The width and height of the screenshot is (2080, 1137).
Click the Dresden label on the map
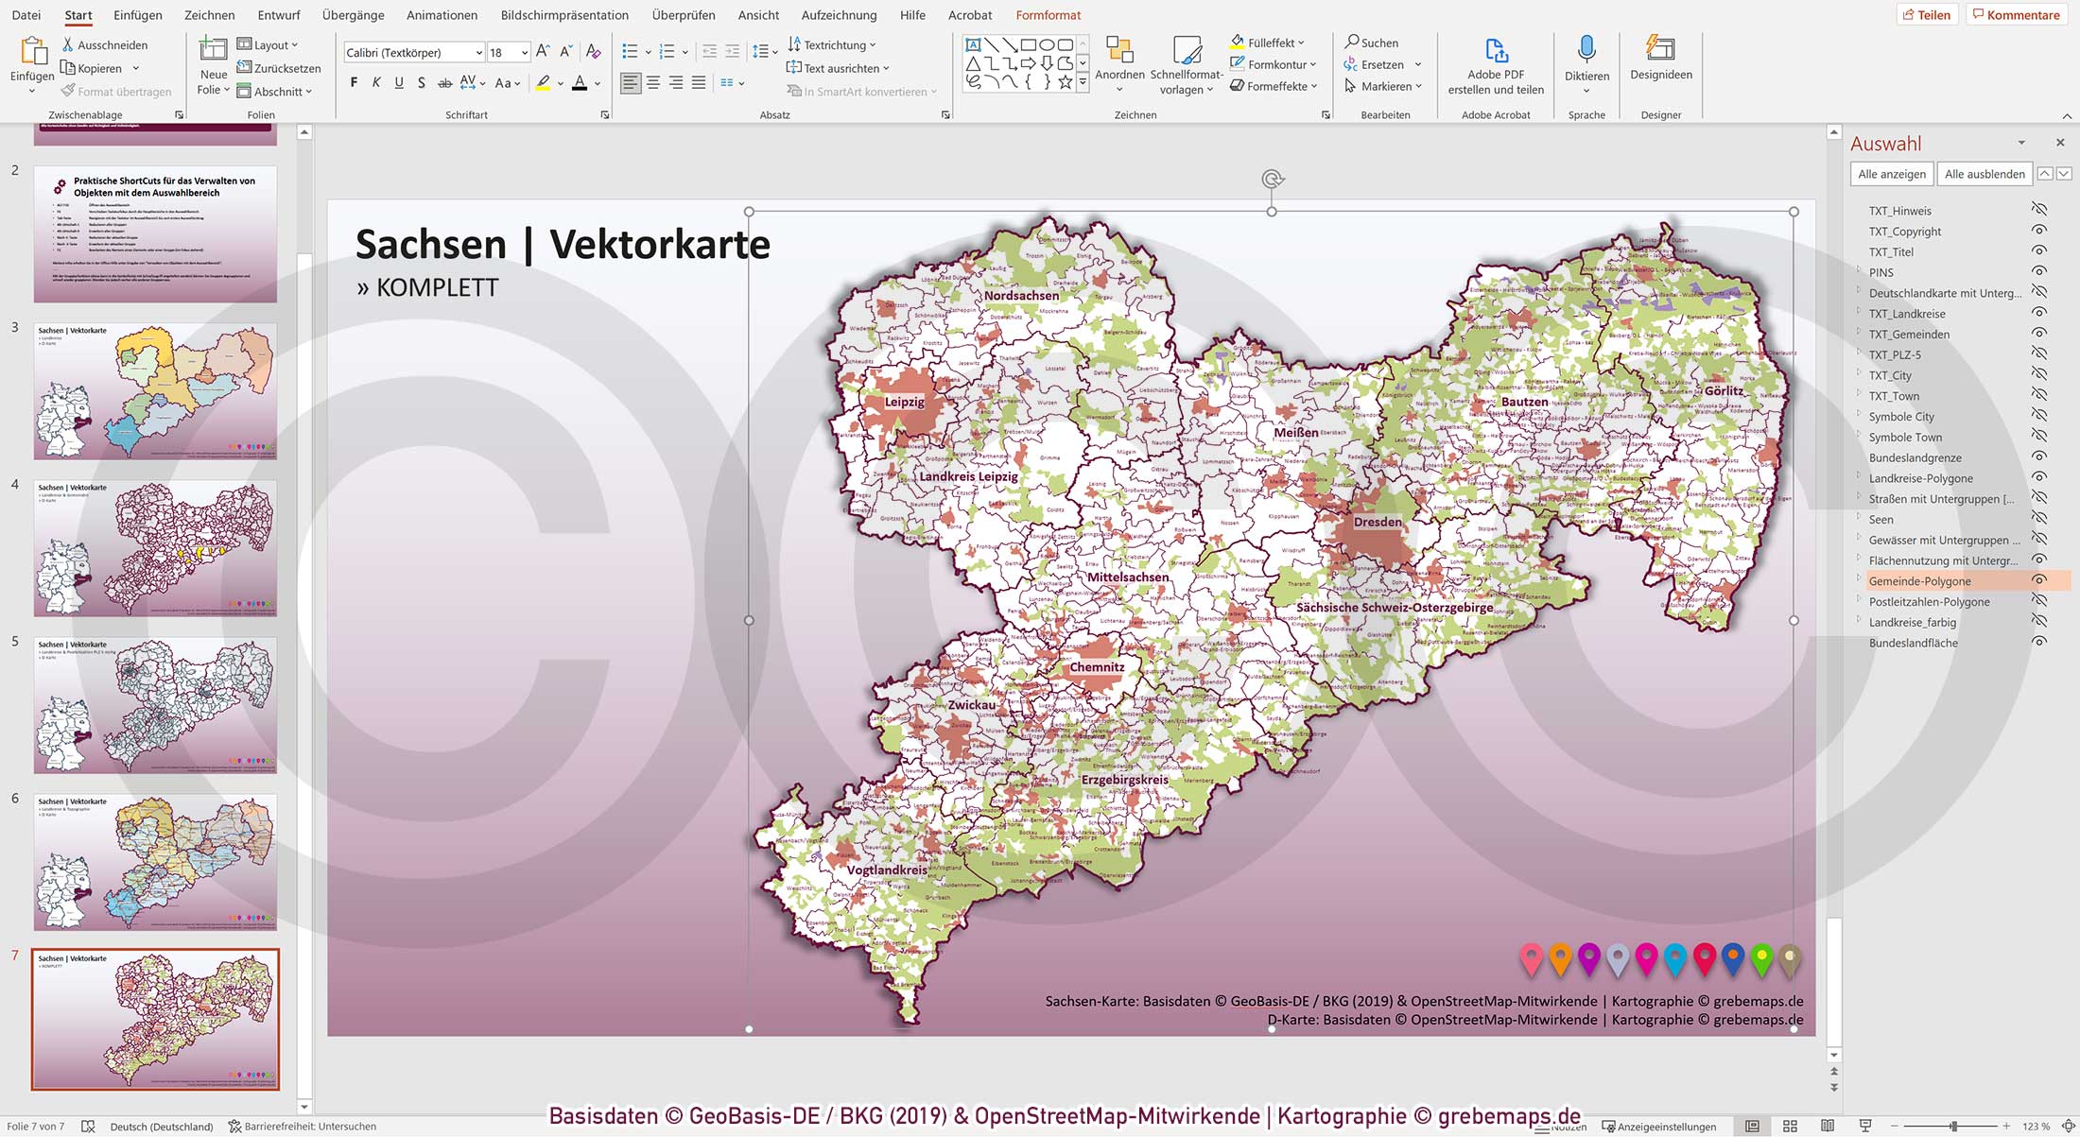(1378, 522)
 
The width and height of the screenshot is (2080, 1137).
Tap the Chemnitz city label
(1097, 666)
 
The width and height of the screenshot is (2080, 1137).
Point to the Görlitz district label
(1724, 390)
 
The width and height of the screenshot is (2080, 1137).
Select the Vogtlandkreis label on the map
(887, 870)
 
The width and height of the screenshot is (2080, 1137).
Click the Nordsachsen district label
(1021, 295)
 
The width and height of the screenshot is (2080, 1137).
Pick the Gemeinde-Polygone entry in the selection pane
(1919, 581)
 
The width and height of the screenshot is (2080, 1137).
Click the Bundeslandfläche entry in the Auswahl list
(1913, 643)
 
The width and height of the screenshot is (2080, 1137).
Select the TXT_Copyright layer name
(1904, 232)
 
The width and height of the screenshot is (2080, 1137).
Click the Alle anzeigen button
(1891, 174)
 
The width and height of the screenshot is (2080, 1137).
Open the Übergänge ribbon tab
(353, 15)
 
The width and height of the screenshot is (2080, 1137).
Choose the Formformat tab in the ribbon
(1048, 15)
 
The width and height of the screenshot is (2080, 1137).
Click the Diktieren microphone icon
(1586, 49)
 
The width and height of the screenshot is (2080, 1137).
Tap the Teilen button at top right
(1927, 15)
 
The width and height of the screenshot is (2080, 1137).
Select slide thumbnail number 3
(155, 391)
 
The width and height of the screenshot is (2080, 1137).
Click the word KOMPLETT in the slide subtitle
(437, 287)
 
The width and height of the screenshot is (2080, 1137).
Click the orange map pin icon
(1560, 958)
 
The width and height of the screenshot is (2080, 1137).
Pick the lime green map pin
(1761, 958)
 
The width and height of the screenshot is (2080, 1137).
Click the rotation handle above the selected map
(1272, 179)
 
